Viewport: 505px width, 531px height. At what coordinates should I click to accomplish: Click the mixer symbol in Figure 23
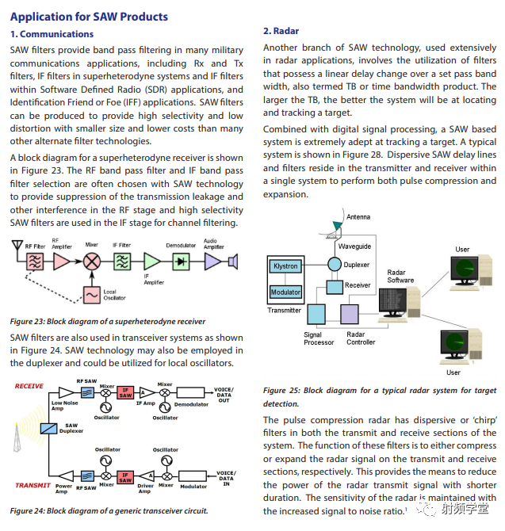pyautogui.click(x=92, y=261)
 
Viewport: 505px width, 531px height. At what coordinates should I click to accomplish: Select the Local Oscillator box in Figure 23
pyautogui.click(x=93, y=294)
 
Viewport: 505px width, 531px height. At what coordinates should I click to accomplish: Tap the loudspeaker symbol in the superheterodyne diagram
pyautogui.click(x=232, y=260)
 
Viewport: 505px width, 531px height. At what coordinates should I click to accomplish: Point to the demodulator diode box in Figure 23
pyautogui.click(x=181, y=261)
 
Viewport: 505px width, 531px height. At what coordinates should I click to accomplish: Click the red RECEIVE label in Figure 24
pyautogui.click(x=29, y=387)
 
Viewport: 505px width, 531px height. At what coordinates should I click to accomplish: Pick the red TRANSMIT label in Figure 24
pyautogui.click(x=33, y=486)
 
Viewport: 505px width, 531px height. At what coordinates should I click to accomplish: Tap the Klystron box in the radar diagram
pyautogui.click(x=285, y=266)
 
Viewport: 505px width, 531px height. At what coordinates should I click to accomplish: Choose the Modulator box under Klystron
pyautogui.click(x=285, y=292)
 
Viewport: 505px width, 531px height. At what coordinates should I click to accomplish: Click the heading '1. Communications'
pyautogui.click(x=52, y=34)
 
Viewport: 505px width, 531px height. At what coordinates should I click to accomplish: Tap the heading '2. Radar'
pyautogui.click(x=281, y=31)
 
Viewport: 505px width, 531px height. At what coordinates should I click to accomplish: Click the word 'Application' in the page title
pyautogui.click(x=40, y=16)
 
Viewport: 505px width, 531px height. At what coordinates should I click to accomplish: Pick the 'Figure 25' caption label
pyautogui.click(x=280, y=391)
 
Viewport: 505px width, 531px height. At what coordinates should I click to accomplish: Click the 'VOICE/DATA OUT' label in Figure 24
pyautogui.click(x=224, y=395)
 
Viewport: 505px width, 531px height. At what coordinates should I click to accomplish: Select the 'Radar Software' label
pyautogui.click(x=401, y=276)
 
